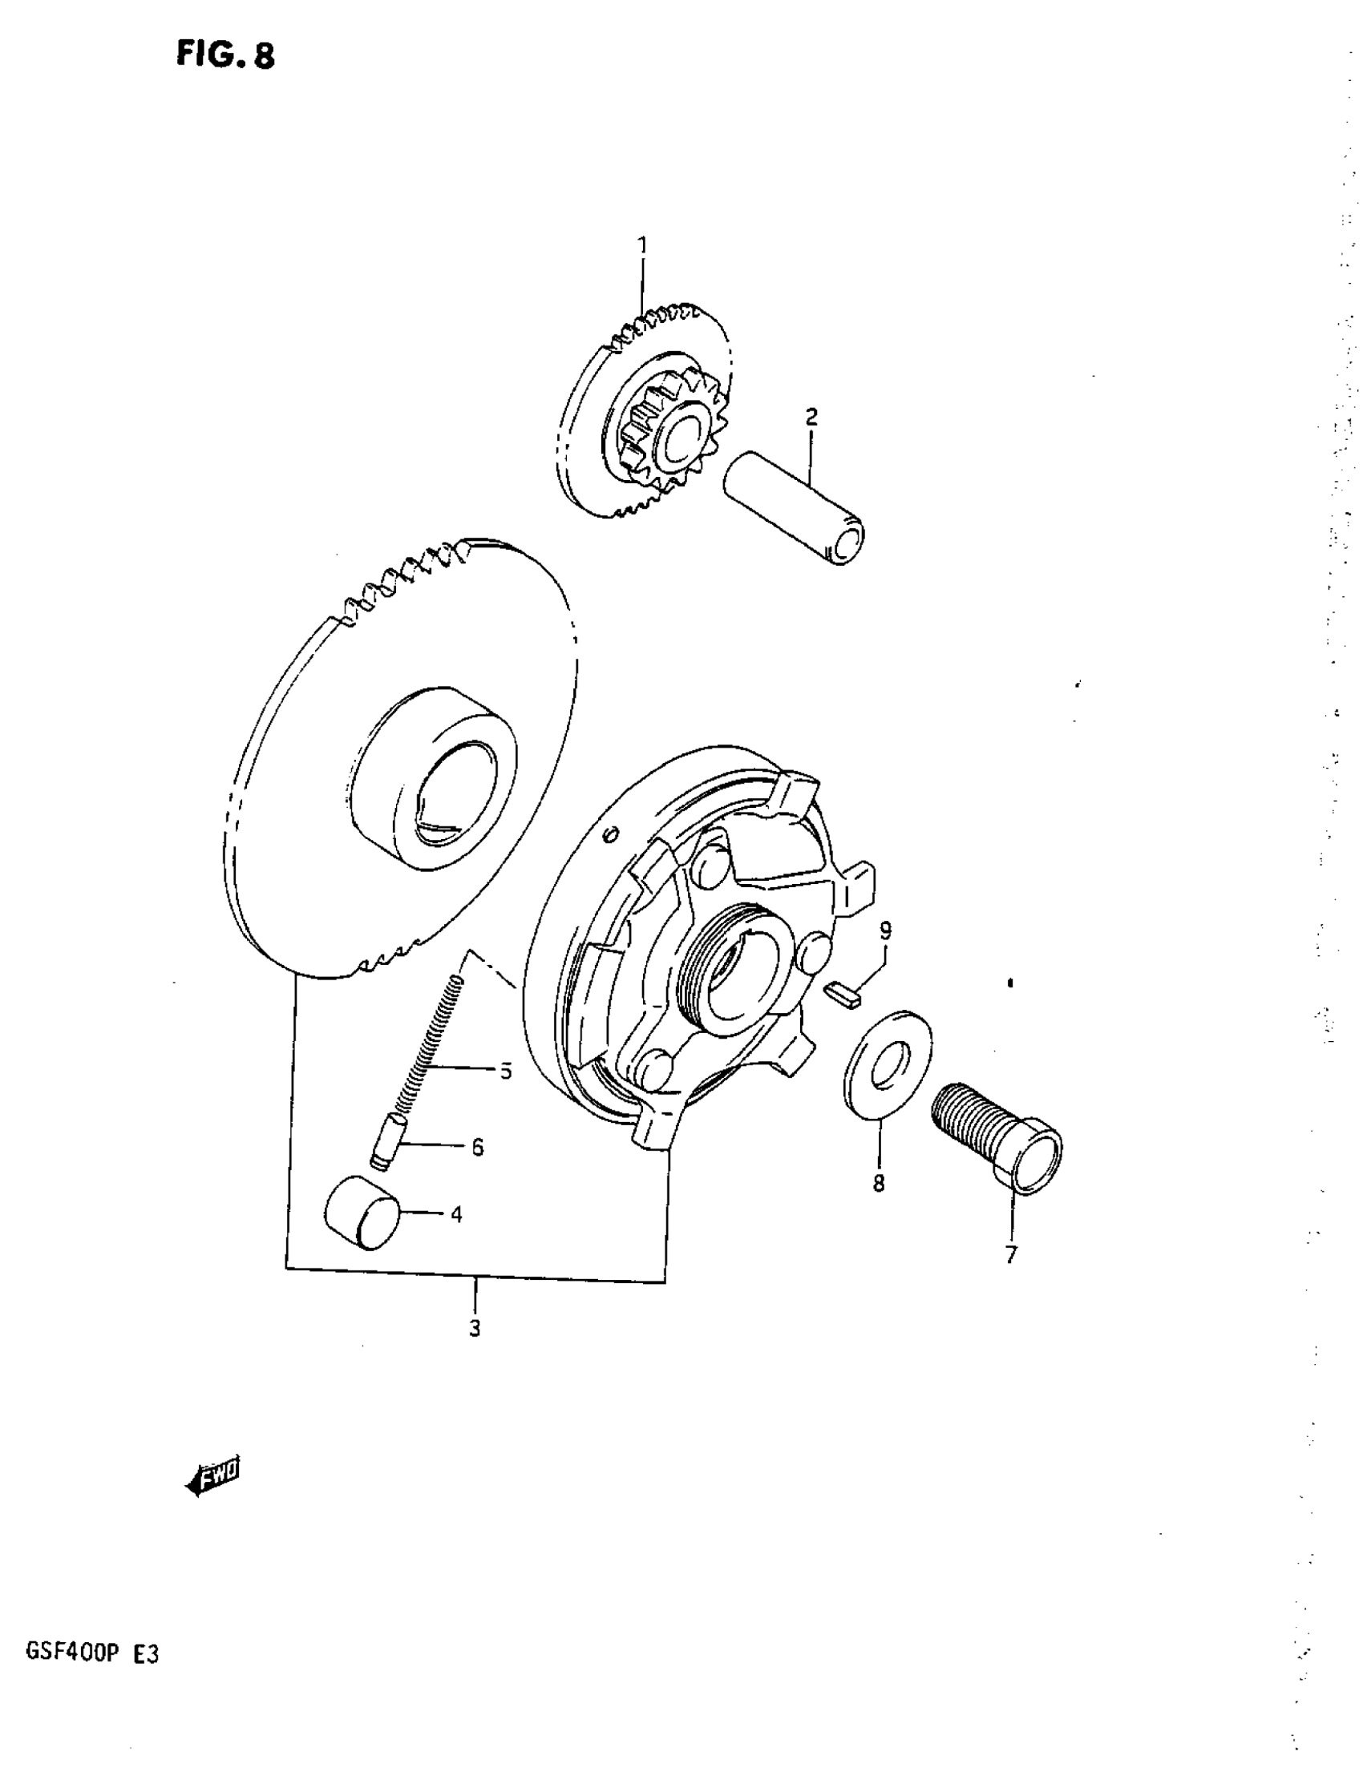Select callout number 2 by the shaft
point(811,418)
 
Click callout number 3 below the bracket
point(475,1328)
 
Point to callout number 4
point(456,1214)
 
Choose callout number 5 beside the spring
point(505,1072)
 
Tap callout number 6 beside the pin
point(477,1146)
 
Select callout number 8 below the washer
point(879,1184)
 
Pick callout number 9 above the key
point(885,931)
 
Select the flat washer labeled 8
point(887,1061)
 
